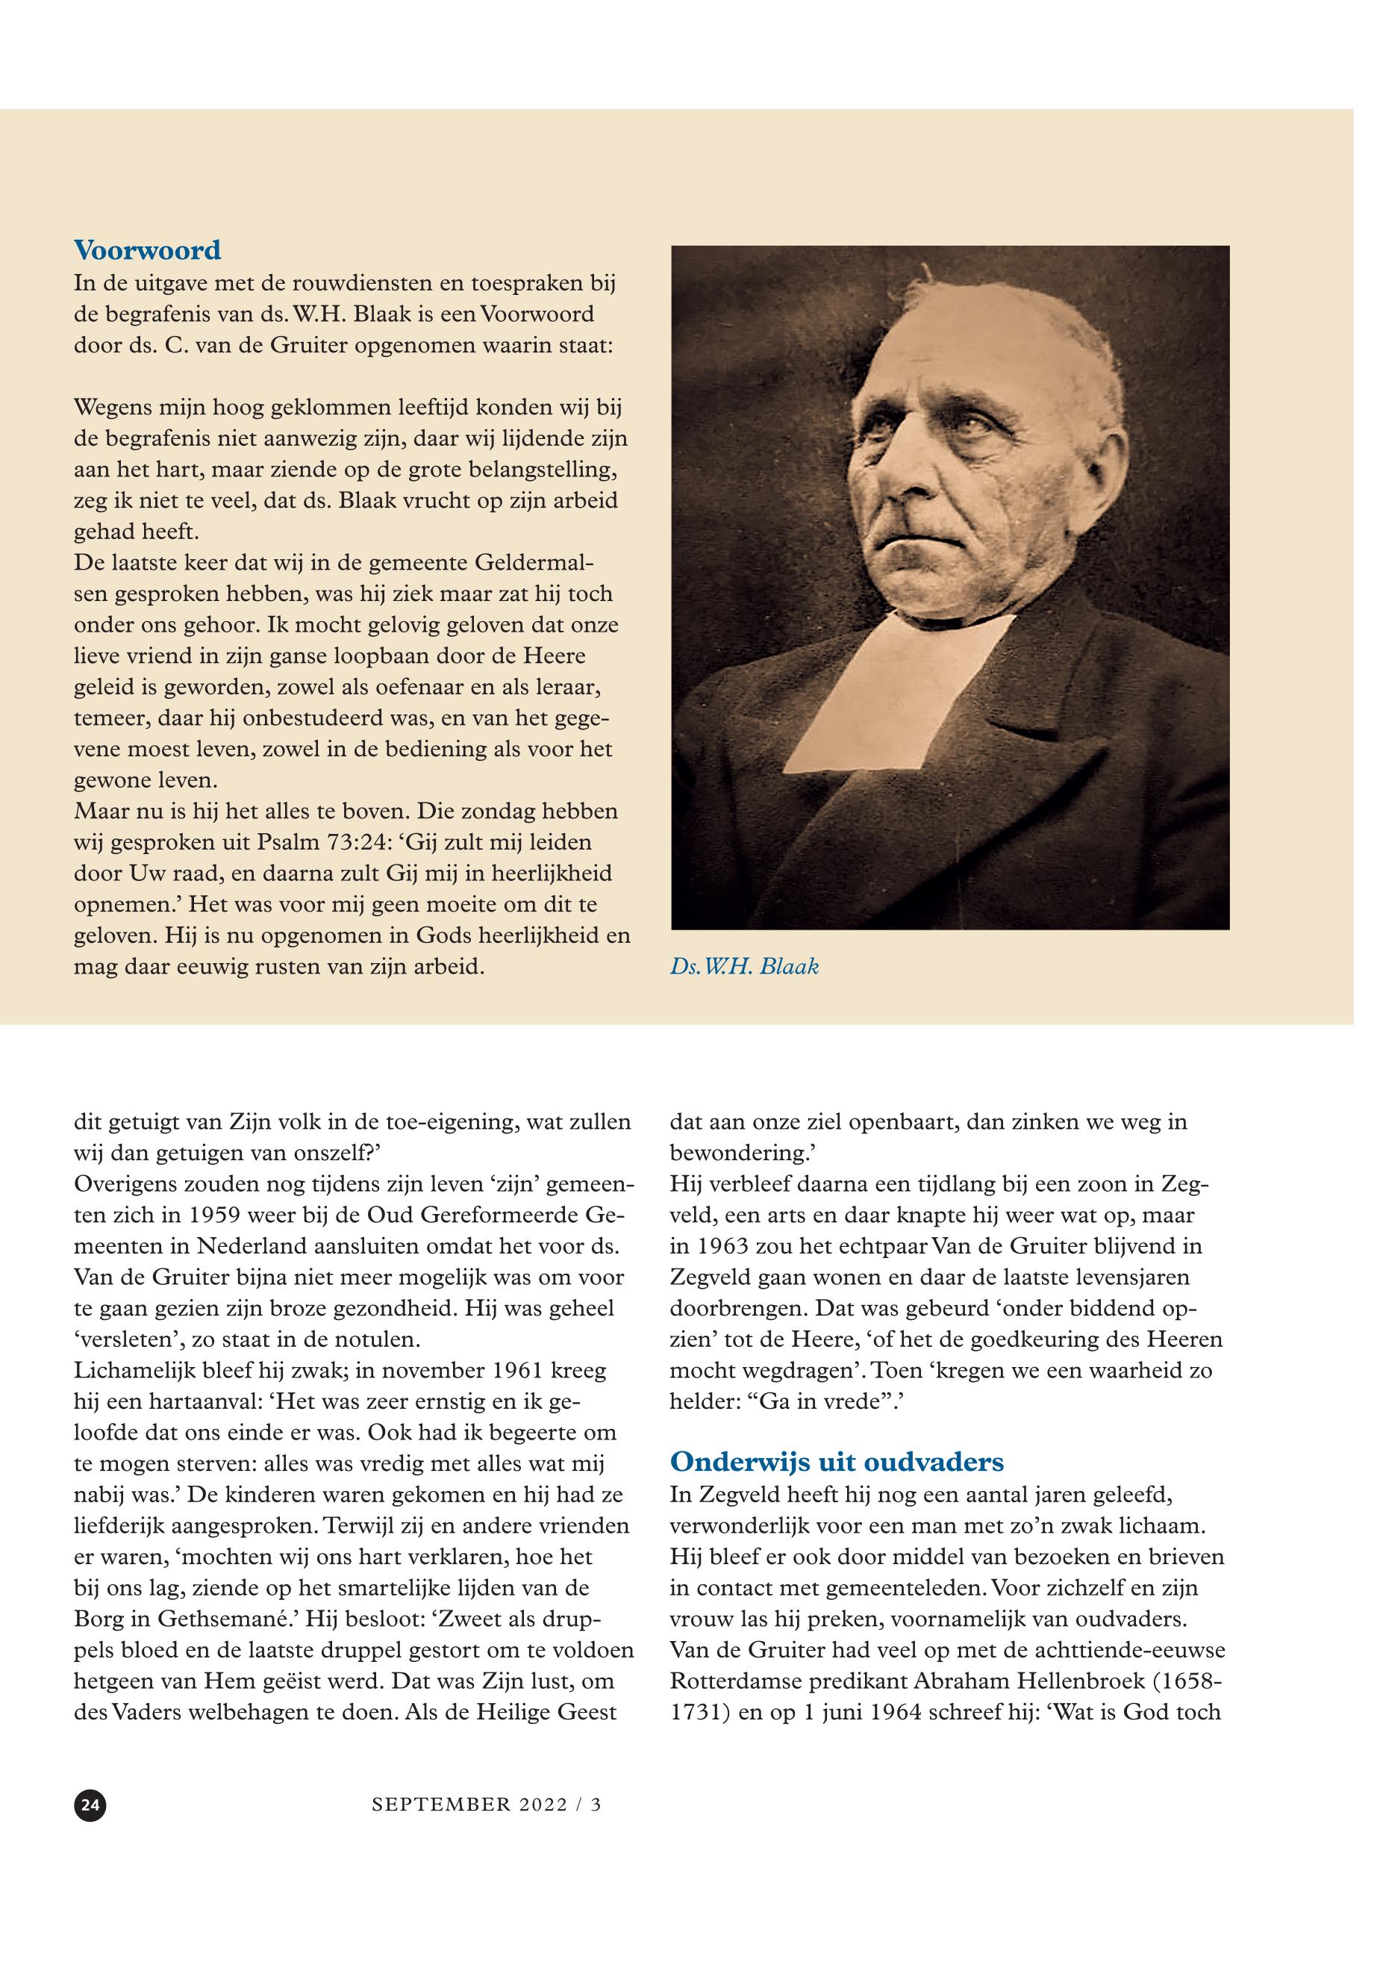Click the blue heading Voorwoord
(x=149, y=255)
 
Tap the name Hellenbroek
(x=1067, y=1678)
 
